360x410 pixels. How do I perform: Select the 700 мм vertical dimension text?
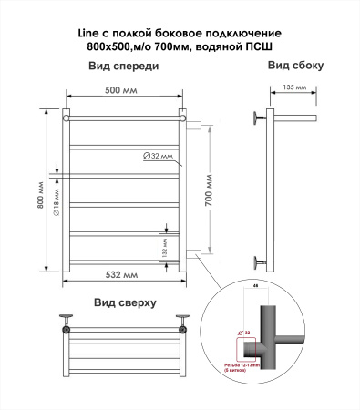pos(211,190)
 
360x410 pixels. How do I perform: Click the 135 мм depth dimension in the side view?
pos(293,88)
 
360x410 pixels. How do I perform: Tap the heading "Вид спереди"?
pos(123,67)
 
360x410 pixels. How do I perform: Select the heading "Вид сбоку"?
pos(294,67)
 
